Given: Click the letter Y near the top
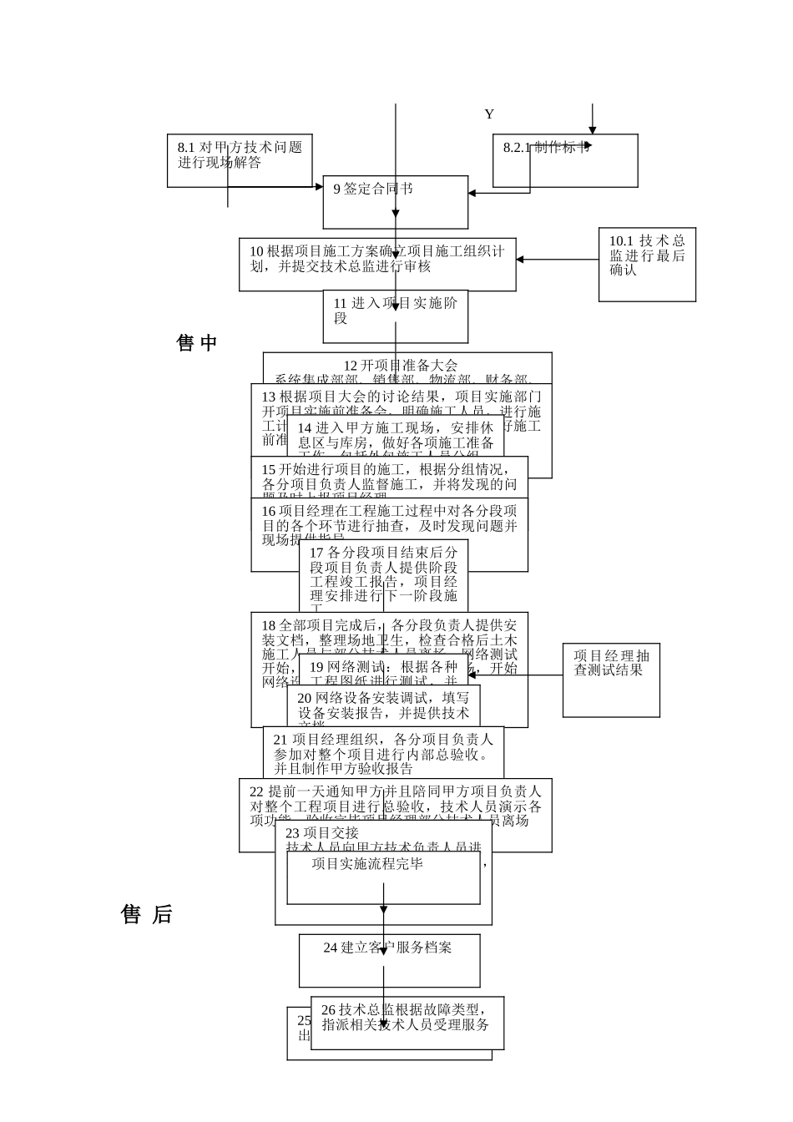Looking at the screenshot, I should point(489,114).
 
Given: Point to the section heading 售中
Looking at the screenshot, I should point(197,342).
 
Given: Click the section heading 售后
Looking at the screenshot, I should point(147,914).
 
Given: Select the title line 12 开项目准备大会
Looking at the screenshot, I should point(401,365).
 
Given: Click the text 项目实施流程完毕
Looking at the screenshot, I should point(367,863).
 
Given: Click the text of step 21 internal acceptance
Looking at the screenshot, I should point(383,753).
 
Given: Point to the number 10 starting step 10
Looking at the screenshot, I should point(256,251).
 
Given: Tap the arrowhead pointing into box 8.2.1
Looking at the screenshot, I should point(593,130).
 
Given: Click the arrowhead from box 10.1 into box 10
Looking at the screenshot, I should point(520,259).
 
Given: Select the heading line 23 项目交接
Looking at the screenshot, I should point(322,832).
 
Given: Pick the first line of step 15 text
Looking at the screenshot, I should point(388,469).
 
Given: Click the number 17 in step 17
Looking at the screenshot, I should point(316,553).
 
